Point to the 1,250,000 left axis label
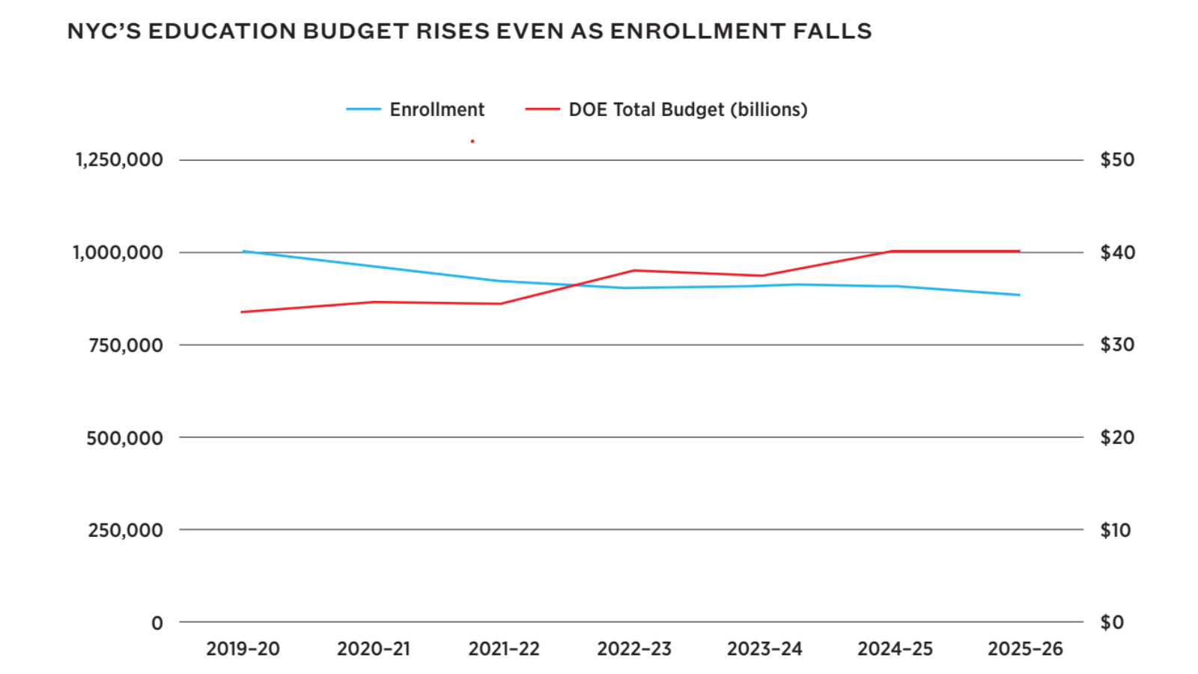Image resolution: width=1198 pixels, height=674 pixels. (x=119, y=160)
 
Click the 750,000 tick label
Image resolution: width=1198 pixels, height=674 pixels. (x=126, y=345)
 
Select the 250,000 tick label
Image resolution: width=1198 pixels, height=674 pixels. (x=126, y=530)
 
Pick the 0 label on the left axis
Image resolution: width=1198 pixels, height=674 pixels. (x=157, y=623)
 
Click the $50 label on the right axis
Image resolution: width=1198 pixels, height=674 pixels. (x=1116, y=160)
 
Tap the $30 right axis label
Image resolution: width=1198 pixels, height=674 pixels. (x=1116, y=344)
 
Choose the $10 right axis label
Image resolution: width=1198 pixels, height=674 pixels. (x=1115, y=530)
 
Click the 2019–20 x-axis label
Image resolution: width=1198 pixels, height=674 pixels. (x=243, y=649)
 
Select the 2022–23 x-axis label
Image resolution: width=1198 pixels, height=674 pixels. (x=634, y=649)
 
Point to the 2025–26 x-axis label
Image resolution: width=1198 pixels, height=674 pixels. (x=1025, y=649)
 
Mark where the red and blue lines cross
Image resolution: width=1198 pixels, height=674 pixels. (x=575, y=285)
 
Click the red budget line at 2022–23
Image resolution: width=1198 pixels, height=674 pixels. (x=634, y=270)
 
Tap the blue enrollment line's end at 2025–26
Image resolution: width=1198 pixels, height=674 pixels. (x=1019, y=295)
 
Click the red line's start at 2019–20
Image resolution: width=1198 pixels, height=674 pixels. (x=242, y=312)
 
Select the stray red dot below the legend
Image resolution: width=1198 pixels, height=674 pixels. (x=472, y=141)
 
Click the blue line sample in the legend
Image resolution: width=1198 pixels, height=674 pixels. (x=364, y=109)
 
